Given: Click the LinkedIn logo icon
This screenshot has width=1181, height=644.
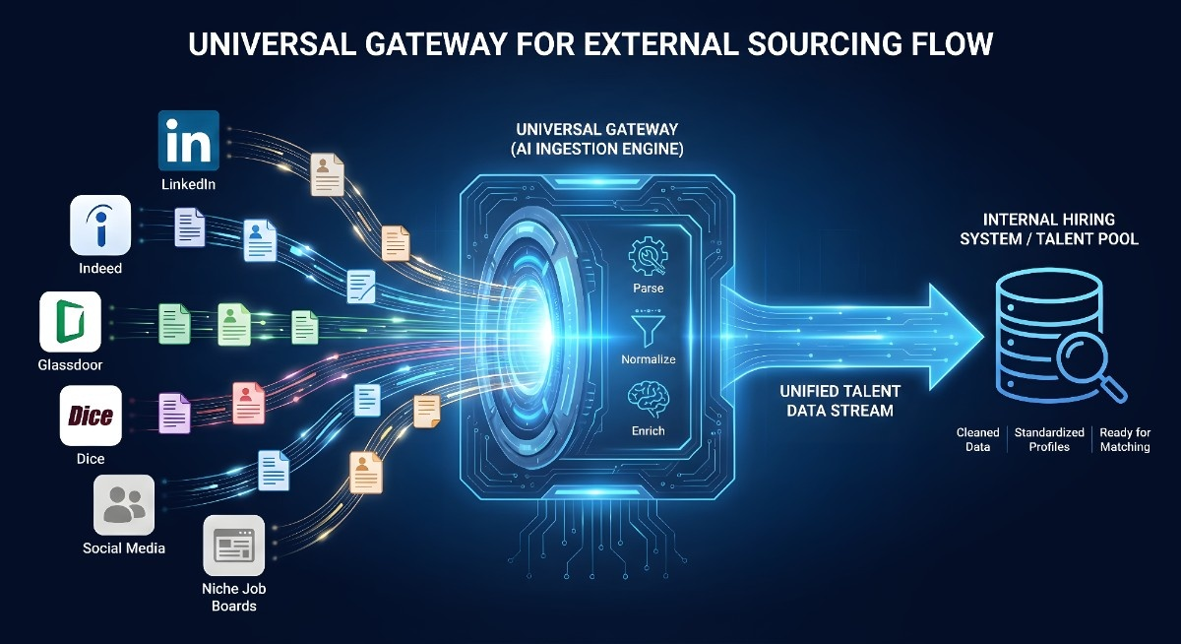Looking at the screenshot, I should (188, 141).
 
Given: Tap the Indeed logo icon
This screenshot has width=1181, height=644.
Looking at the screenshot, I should (100, 225).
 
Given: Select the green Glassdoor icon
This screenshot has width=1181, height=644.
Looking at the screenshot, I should (70, 321).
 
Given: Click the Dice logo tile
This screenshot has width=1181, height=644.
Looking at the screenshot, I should (90, 417).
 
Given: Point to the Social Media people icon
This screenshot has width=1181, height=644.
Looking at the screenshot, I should (124, 504).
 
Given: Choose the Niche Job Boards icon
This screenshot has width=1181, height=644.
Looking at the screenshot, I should (233, 545).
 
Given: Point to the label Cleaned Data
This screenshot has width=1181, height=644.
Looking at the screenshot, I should (977, 439).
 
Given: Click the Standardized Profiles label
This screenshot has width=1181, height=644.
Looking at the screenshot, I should (1049, 439).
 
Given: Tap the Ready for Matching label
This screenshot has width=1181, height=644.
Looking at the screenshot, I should (1125, 439).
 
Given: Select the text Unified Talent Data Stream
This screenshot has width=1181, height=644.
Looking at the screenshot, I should (839, 400).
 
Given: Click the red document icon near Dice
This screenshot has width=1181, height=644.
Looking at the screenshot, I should (248, 403).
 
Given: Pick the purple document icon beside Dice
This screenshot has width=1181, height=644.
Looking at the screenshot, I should (174, 413).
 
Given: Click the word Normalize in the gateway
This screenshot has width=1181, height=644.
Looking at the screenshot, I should (648, 359).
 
